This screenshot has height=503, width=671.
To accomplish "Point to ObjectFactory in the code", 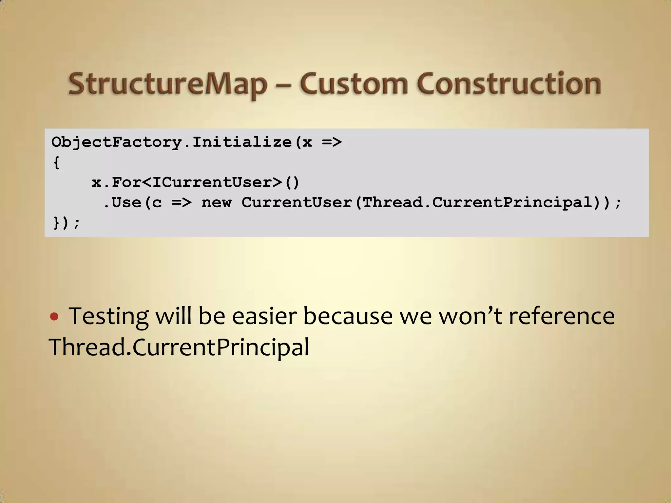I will click(117, 142).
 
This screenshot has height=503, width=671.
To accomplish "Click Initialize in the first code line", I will click(242, 142).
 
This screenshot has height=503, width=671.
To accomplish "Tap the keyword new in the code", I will click(216, 202).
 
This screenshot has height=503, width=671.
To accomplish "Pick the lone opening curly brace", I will click(56, 162).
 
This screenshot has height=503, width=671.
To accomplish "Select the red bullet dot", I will click(54, 317).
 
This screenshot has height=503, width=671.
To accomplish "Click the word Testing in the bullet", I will click(108, 317).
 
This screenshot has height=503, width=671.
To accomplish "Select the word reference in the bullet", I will click(561, 316).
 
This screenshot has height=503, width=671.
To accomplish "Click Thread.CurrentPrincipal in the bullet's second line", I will click(179, 347).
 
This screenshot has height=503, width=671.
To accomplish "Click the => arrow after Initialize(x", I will click(332, 142).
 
